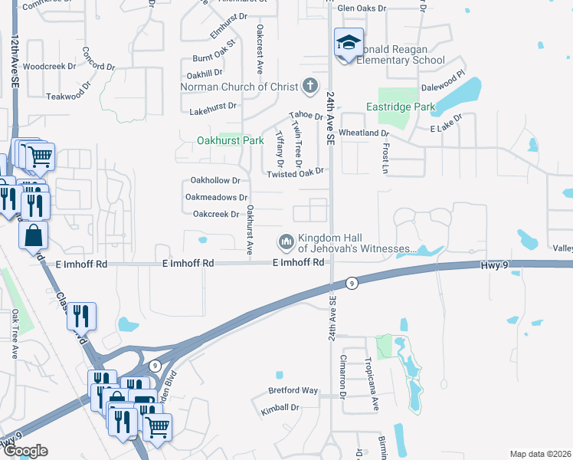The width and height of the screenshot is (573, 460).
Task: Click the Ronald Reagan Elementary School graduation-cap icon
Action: click(x=348, y=43)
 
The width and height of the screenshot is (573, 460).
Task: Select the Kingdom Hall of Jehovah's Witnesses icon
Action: click(x=286, y=242)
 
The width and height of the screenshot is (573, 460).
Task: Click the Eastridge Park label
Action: click(x=400, y=107)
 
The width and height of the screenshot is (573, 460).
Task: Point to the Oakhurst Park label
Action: click(x=230, y=140)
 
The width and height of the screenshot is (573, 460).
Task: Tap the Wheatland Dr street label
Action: click(x=364, y=133)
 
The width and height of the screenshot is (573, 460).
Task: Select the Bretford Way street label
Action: click(x=293, y=390)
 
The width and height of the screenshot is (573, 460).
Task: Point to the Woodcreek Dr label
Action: click(x=50, y=67)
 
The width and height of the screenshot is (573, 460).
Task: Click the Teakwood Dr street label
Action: click(x=68, y=96)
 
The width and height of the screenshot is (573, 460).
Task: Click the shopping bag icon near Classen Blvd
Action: click(x=34, y=235)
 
